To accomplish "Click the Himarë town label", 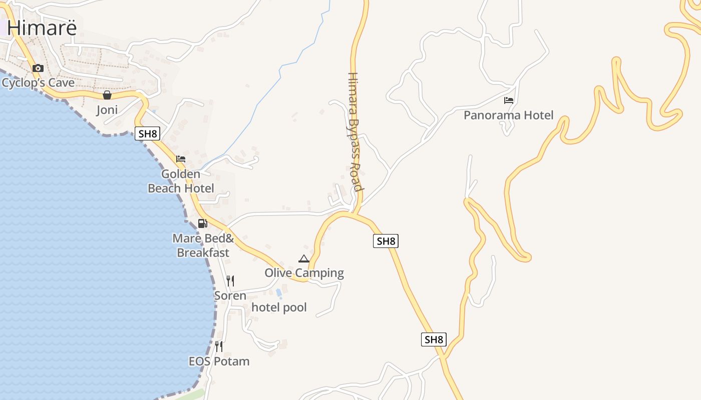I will (43, 27).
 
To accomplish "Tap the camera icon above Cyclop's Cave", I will (38, 68).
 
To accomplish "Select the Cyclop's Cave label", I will (38, 82).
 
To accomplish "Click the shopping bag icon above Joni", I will (107, 95).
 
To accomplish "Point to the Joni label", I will (107, 109).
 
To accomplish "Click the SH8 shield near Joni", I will (147, 133).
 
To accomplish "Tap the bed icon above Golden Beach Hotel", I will (181, 159).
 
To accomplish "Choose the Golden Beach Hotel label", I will (181, 181).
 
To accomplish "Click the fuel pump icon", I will (202, 223).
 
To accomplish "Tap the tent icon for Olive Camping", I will (303, 258).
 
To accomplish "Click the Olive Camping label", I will (304, 273).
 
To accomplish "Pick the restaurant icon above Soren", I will (230, 281).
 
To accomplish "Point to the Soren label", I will (230, 295).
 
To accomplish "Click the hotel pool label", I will (279, 307).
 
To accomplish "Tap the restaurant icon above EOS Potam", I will (219, 346).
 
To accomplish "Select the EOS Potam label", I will (219, 361).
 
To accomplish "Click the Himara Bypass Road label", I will (355, 132).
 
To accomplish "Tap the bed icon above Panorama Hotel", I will (509, 100).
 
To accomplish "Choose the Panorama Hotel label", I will (508, 115).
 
